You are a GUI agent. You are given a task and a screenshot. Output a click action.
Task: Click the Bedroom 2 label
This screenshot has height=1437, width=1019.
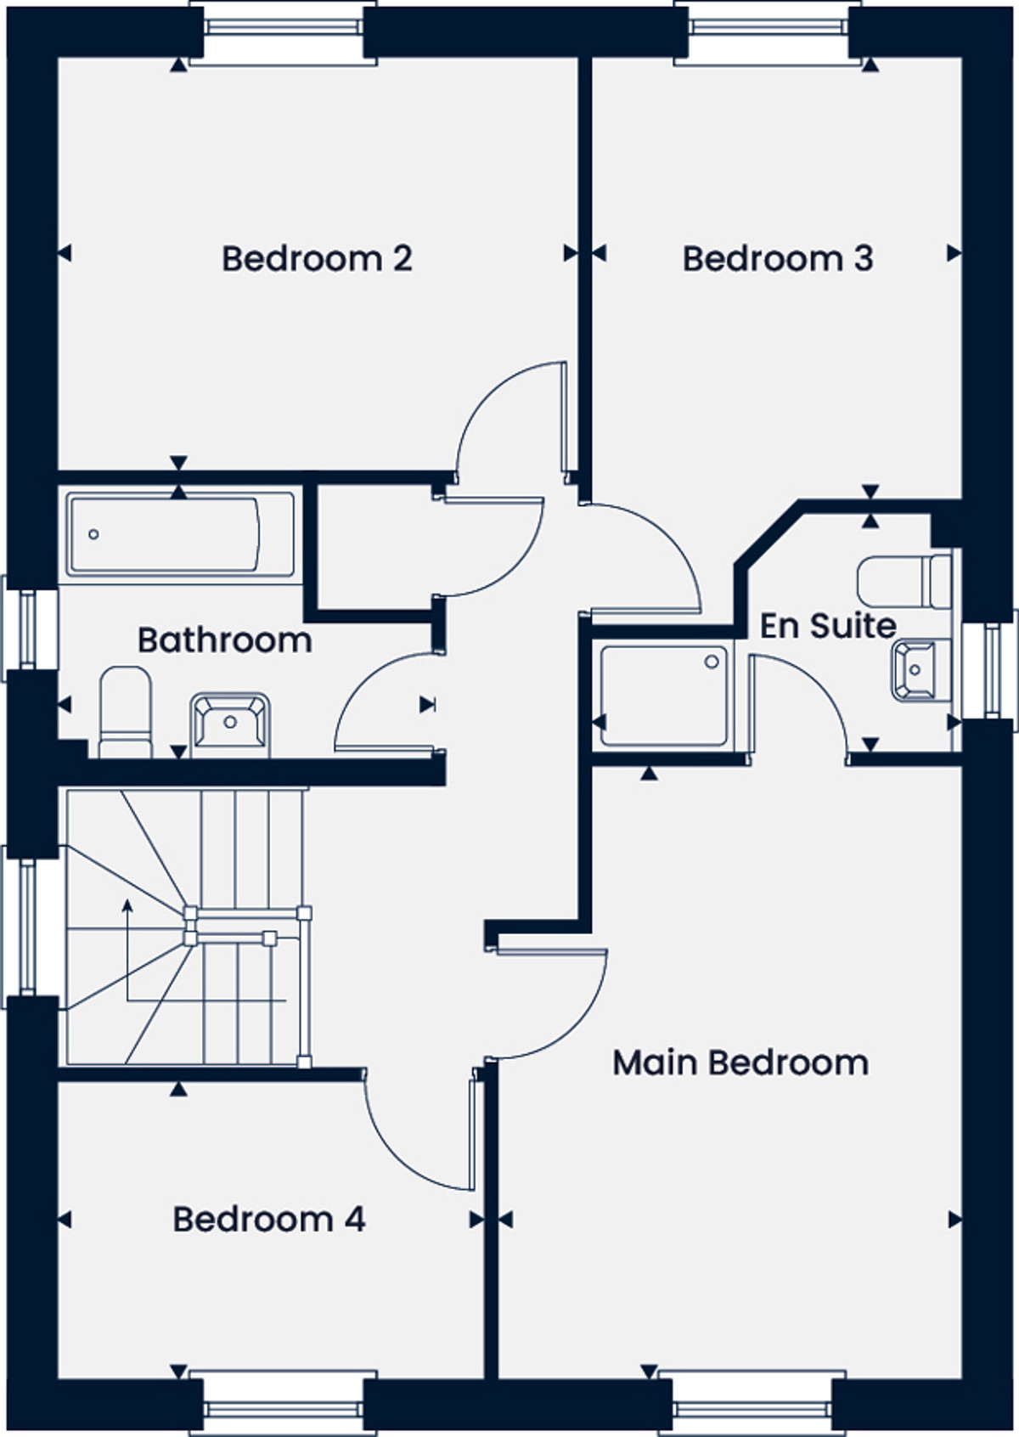(317, 258)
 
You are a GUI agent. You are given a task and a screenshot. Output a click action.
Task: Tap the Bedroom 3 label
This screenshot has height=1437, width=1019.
(777, 258)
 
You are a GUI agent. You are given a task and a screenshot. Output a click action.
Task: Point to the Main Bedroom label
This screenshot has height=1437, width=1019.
(740, 1063)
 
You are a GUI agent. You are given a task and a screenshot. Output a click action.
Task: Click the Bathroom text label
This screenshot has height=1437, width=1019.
(225, 640)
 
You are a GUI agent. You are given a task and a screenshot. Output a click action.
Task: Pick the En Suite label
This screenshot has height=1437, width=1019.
(828, 625)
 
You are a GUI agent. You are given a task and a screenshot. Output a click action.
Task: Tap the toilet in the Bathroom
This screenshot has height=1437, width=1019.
(126, 712)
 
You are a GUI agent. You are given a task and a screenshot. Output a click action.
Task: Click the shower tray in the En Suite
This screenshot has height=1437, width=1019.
(664, 696)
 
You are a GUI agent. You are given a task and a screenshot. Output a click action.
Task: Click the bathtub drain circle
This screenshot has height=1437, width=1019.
(93, 533)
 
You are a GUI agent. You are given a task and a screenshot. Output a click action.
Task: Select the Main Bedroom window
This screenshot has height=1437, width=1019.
(752, 1404)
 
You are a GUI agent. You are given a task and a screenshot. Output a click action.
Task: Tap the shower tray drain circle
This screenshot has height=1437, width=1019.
(712, 662)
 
